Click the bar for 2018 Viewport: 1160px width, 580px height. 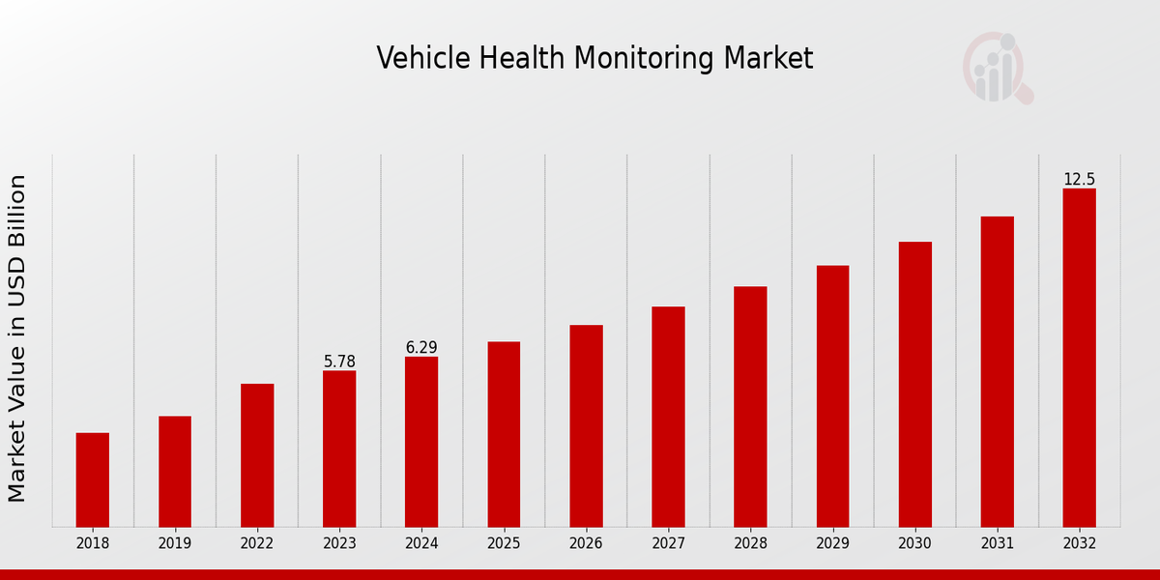point(93,479)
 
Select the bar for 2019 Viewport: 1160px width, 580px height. point(175,472)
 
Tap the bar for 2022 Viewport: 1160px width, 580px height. point(257,455)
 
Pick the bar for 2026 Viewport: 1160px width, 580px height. point(586,425)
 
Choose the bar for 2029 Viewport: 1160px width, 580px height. point(832,396)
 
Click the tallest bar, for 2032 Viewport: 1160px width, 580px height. point(1079,358)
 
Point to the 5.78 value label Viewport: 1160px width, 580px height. point(339,362)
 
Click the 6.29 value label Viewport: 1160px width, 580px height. point(421,347)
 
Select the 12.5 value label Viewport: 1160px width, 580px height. point(1079,179)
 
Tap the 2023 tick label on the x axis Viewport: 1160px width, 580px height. point(339,543)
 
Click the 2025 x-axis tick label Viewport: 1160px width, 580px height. point(504,543)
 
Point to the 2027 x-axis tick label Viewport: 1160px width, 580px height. point(668,543)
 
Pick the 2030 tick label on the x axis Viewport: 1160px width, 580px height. point(914,543)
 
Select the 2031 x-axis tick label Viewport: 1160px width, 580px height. point(997,543)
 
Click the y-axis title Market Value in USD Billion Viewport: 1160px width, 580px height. point(17,338)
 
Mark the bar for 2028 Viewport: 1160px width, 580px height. point(750,406)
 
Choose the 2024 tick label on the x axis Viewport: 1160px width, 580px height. point(421,543)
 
